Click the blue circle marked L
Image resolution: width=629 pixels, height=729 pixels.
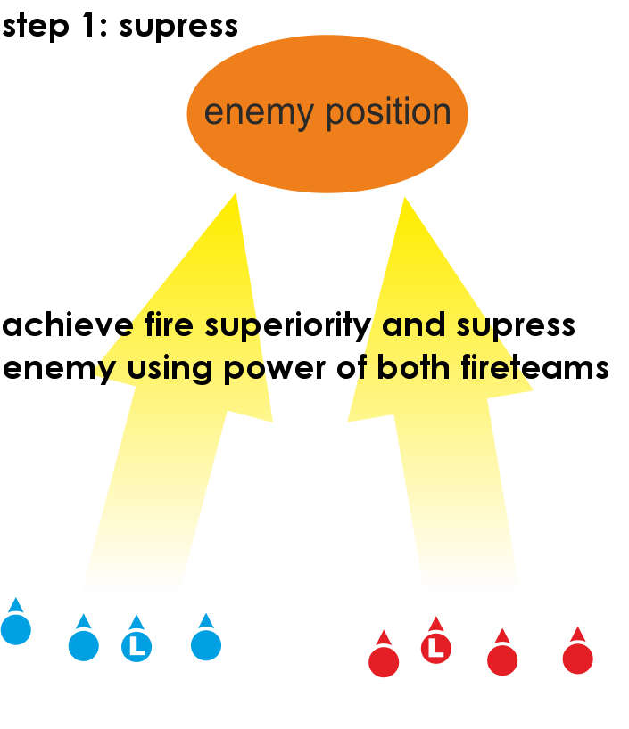point(137,647)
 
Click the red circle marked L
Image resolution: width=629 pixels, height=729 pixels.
point(435,649)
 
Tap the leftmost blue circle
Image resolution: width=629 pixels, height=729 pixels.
point(16,629)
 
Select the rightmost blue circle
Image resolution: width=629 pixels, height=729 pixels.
point(206,645)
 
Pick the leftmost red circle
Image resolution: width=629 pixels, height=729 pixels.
point(384,662)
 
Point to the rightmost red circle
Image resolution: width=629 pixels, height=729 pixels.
point(578,659)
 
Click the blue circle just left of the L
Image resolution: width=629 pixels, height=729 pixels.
point(84,646)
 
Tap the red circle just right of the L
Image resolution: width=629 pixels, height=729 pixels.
point(502,660)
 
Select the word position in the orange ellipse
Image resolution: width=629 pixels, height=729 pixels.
point(388,113)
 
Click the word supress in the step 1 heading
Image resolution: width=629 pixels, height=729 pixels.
point(178,25)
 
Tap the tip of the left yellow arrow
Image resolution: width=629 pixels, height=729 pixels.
point(235,196)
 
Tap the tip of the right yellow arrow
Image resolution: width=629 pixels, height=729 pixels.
point(405,200)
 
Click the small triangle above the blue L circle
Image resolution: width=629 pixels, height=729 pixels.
point(137,622)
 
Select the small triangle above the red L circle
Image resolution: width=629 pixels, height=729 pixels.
point(435,624)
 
